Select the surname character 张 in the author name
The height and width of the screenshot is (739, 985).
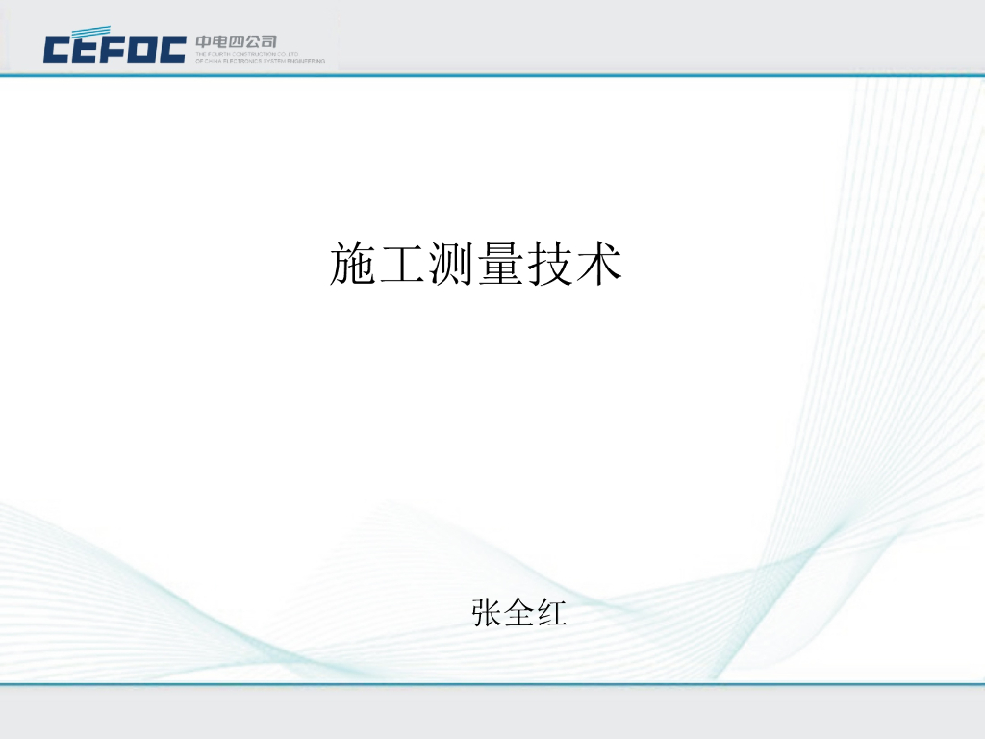[x=487, y=612]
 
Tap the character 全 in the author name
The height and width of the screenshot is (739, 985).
[x=519, y=612]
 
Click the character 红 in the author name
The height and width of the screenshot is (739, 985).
[x=551, y=612]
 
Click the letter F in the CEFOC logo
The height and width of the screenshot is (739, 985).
[x=114, y=49]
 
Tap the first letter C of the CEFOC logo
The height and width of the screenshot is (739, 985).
[x=56, y=49]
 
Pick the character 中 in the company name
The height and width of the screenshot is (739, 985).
[x=204, y=41]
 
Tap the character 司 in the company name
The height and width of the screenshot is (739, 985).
[x=268, y=41]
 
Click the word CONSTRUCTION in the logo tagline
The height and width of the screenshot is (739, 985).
[x=253, y=54]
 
